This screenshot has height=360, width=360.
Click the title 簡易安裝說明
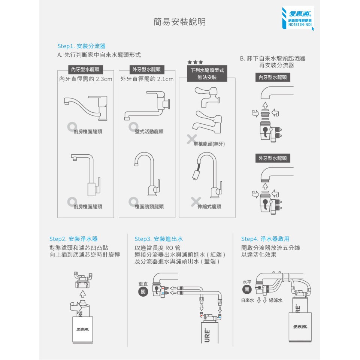pyautogui.click(x=179, y=22)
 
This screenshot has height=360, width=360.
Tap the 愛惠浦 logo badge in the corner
pyautogui.click(x=298, y=18)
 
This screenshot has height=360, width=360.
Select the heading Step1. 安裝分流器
pyautogui.click(x=81, y=46)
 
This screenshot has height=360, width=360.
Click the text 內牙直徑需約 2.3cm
pyautogui.click(x=86, y=79)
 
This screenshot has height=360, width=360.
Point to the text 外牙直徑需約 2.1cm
pyautogui.click(x=147, y=79)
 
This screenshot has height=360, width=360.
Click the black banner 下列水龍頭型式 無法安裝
pyautogui.click(x=207, y=73)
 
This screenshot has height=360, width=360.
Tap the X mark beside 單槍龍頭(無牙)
pyautogui.click(x=192, y=139)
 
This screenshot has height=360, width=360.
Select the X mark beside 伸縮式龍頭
pyautogui.click(x=196, y=202)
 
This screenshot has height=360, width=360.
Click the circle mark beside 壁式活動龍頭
pyautogui.click(x=133, y=127)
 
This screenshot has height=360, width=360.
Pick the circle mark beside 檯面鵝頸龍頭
pyautogui.click(x=133, y=202)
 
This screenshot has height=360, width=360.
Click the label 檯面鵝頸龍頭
pyautogui.click(x=149, y=207)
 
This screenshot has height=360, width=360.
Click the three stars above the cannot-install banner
pyautogui.click(x=195, y=62)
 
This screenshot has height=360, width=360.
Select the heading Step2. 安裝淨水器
pyautogui.click(x=73, y=239)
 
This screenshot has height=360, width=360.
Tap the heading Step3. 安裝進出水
pyautogui.click(x=159, y=239)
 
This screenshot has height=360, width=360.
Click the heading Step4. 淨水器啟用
pyautogui.click(x=265, y=239)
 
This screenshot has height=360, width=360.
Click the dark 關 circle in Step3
pyautogui.click(x=143, y=292)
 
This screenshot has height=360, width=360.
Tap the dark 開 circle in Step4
pyautogui.click(x=247, y=290)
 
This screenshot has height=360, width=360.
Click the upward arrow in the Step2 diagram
pyautogui.click(x=83, y=294)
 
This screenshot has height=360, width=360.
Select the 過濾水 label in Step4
pyautogui.click(x=275, y=300)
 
